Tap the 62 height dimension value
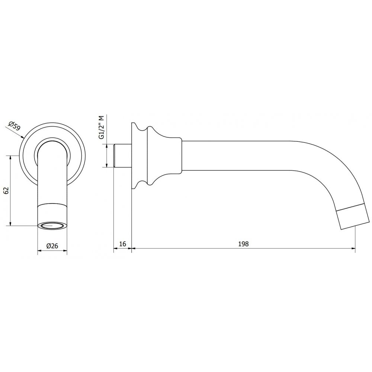click(x=6, y=190)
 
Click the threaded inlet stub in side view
click(x=122, y=155)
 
